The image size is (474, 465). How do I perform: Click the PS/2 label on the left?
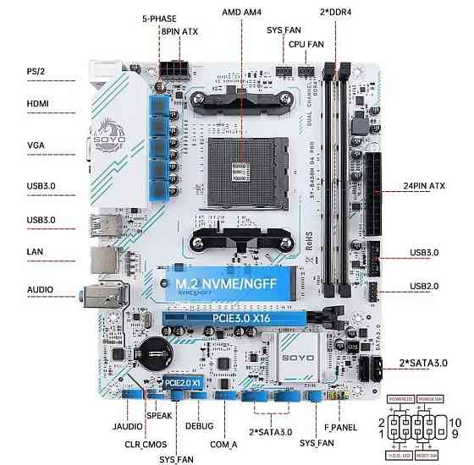(x=35, y=71)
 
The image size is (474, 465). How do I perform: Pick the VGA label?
(x=36, y=145)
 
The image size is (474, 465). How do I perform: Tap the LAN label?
(x=36, y=251)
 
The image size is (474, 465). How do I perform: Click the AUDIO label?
(x=40, y=289)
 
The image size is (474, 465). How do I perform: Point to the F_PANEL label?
(x=340, y=427)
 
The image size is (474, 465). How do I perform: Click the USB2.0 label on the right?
(x=423, y=286)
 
